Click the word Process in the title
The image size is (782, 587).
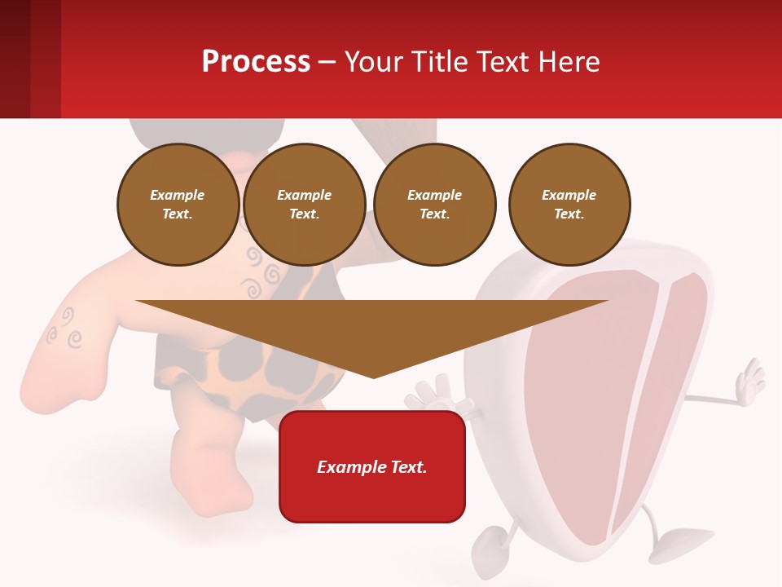point(256,62)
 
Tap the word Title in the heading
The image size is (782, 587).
point(438,62)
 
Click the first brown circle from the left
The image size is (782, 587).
point(178,205)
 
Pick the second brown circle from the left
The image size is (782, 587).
point(305,205)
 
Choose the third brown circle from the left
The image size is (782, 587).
point(434,205)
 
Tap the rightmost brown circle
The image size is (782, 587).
point(569,205)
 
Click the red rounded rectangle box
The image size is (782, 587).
point(372,466)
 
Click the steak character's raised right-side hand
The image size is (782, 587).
point(749,379)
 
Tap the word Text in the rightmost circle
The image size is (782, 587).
point(569,214)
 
